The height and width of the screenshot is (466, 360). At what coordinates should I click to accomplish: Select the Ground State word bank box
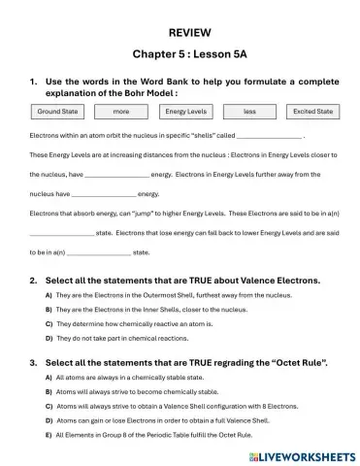(57, 112)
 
